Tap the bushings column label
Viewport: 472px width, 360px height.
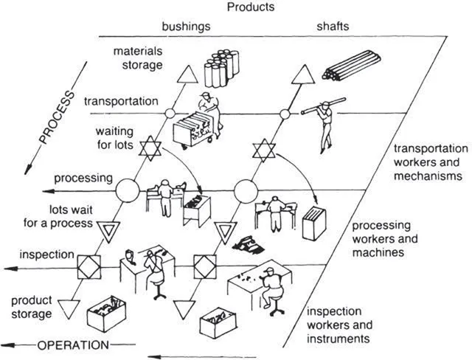[186, 27]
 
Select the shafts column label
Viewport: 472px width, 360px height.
[334, 27]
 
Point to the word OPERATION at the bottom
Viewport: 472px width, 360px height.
[68, 345]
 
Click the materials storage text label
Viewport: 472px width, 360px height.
[137, 58]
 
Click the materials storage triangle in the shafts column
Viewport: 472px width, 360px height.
[302, 75]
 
